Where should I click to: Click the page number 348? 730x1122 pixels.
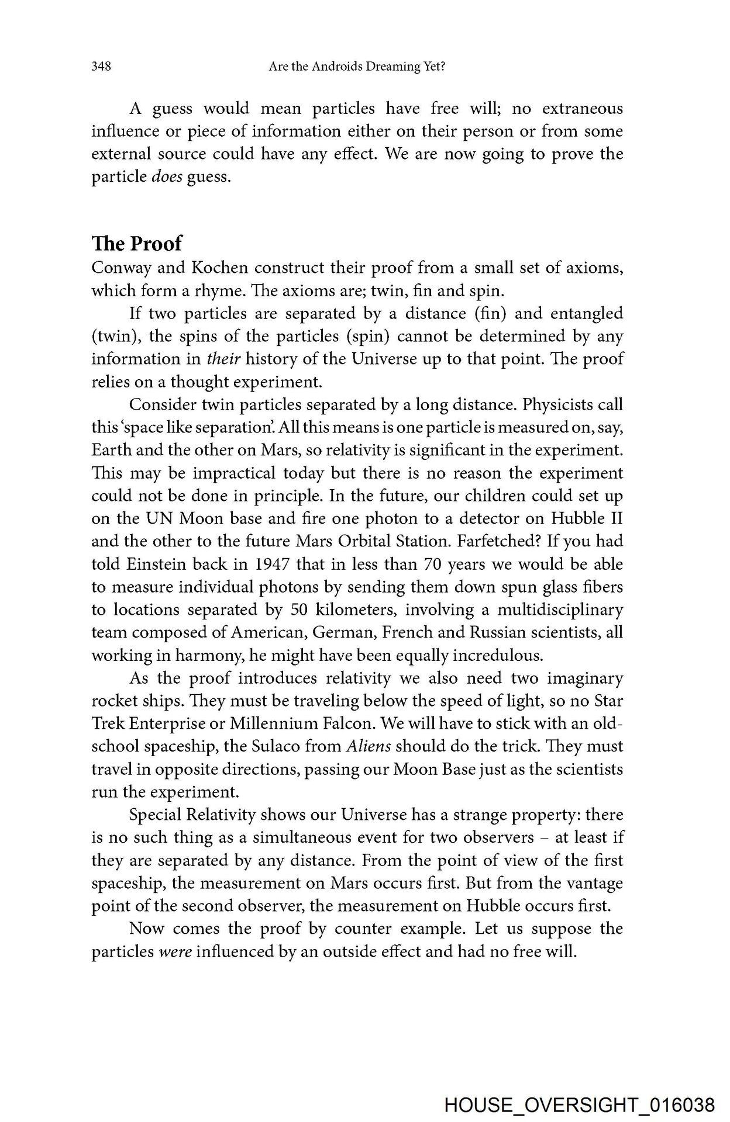click(101, 67)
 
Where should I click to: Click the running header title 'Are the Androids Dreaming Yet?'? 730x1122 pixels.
click(357, 67)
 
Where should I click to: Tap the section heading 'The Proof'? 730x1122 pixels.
click(137, 243)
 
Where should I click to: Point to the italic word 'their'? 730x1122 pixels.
click(224, 359)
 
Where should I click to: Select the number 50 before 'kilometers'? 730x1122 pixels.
click(299, 610)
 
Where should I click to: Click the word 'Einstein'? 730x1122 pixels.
click(154, 565)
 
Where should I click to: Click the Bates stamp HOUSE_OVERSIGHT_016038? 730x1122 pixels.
click(579, 1105)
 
